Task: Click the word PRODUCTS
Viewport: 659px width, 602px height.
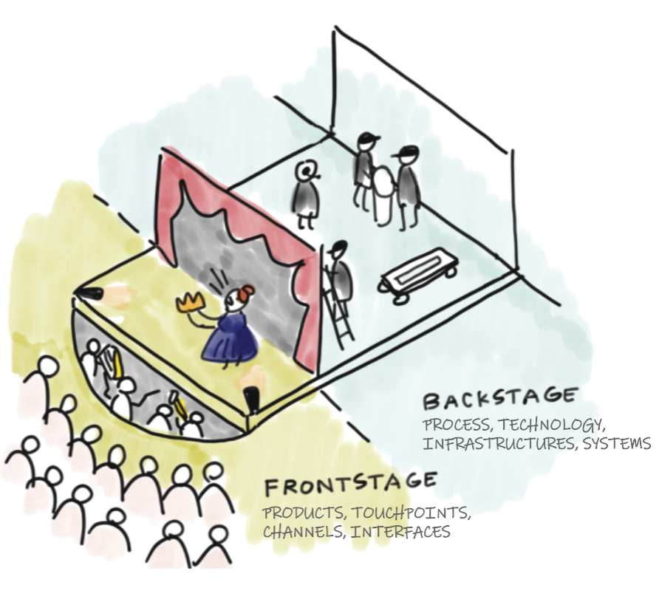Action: (303, 513)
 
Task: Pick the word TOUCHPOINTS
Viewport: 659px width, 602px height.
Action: (410, 513)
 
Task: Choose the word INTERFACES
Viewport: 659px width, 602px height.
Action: (400, 532)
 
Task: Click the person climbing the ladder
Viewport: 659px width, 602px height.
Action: (340, 270)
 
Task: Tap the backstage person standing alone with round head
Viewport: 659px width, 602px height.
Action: (306, 194)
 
